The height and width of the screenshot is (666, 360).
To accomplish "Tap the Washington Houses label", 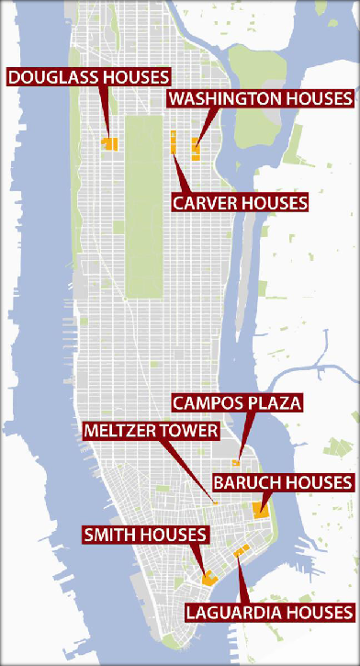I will (260, 98).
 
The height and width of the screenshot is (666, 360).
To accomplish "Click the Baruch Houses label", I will (282, 481).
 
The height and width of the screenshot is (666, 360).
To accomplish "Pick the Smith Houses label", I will (146, 534).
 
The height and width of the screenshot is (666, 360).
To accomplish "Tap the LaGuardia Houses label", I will (269, 611).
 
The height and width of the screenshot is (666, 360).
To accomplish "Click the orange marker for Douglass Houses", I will (109, 143).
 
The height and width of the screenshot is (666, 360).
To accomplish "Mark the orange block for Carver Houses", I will (173, 142).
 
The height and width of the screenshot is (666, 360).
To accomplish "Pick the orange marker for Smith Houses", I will (208, 579).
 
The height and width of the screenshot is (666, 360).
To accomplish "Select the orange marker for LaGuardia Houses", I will (240, 550).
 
